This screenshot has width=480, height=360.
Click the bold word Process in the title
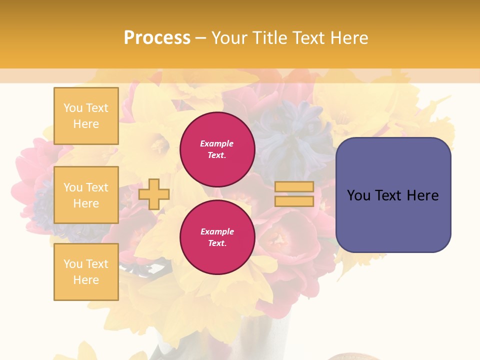pyautogui.click(x=157, y=38)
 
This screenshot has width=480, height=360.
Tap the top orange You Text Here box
pyautogui.click(x=86, y=116)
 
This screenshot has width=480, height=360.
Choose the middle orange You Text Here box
pyautogui.click(x=86, y=195)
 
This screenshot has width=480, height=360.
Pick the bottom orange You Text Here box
pyautogui.click(x=86, y=272)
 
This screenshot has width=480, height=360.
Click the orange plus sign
pyautogui.click(x=154, y=194)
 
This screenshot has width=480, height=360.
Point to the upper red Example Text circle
pyautogui.click(x=217, y=149)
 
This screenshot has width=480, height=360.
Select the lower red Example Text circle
pyautogui.click(x=217, y=237)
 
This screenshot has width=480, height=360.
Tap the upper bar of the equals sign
pyautogui.click(x=294, y=187)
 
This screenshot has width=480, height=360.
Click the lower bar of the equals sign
pyautogui.click(x=294, y=201)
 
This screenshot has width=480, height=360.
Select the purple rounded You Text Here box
pyautogui.click(x=393, y=195)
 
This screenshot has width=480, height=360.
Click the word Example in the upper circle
pyautogui.click(x=217, y=144)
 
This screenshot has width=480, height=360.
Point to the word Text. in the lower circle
pyautogui.click(x=217, y=243)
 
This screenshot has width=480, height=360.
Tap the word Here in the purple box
pyautogui.click(x=422, y=195)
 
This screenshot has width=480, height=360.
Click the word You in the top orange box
pyautogui.click(x=73, y=108)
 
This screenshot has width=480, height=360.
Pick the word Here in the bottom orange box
pyautogui.click(x=86, y=280)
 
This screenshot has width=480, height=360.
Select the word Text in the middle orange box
pyautogui.click(x=97, y=187)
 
